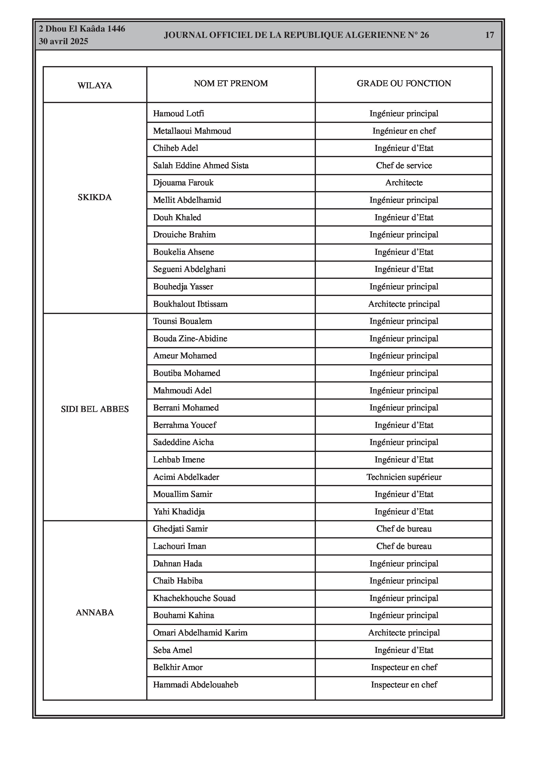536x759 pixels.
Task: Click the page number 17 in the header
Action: coord(489,35)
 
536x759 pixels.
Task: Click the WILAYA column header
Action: coord(95,86)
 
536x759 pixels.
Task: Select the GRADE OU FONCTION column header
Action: coord(404,83)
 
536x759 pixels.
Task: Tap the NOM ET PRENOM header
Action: coord(231,83)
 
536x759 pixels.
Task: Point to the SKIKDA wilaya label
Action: coord(95,197)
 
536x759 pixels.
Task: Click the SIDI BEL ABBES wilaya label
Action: coord(95,409)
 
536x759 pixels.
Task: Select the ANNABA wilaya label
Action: coord(95,613)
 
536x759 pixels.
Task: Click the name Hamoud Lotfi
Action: coord(178,114)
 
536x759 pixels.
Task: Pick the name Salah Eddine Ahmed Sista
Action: coord(201,166)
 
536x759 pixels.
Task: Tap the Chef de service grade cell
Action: coord(404,166)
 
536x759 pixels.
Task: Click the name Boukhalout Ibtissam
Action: coord(190,304)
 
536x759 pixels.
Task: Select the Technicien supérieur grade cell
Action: coord(404,477)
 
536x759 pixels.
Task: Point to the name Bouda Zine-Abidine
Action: coord(190,339)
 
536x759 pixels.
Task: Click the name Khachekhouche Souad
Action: coord(194,598)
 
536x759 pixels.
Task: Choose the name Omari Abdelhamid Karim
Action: coord(200,633)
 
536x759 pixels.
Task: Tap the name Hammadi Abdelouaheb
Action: coord(195,684)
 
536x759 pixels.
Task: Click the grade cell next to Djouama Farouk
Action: coord(404,183)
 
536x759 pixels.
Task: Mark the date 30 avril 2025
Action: coord(63,41)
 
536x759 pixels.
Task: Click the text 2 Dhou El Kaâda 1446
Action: coord(82,29)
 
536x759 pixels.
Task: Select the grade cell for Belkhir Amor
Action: coord(404,667)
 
